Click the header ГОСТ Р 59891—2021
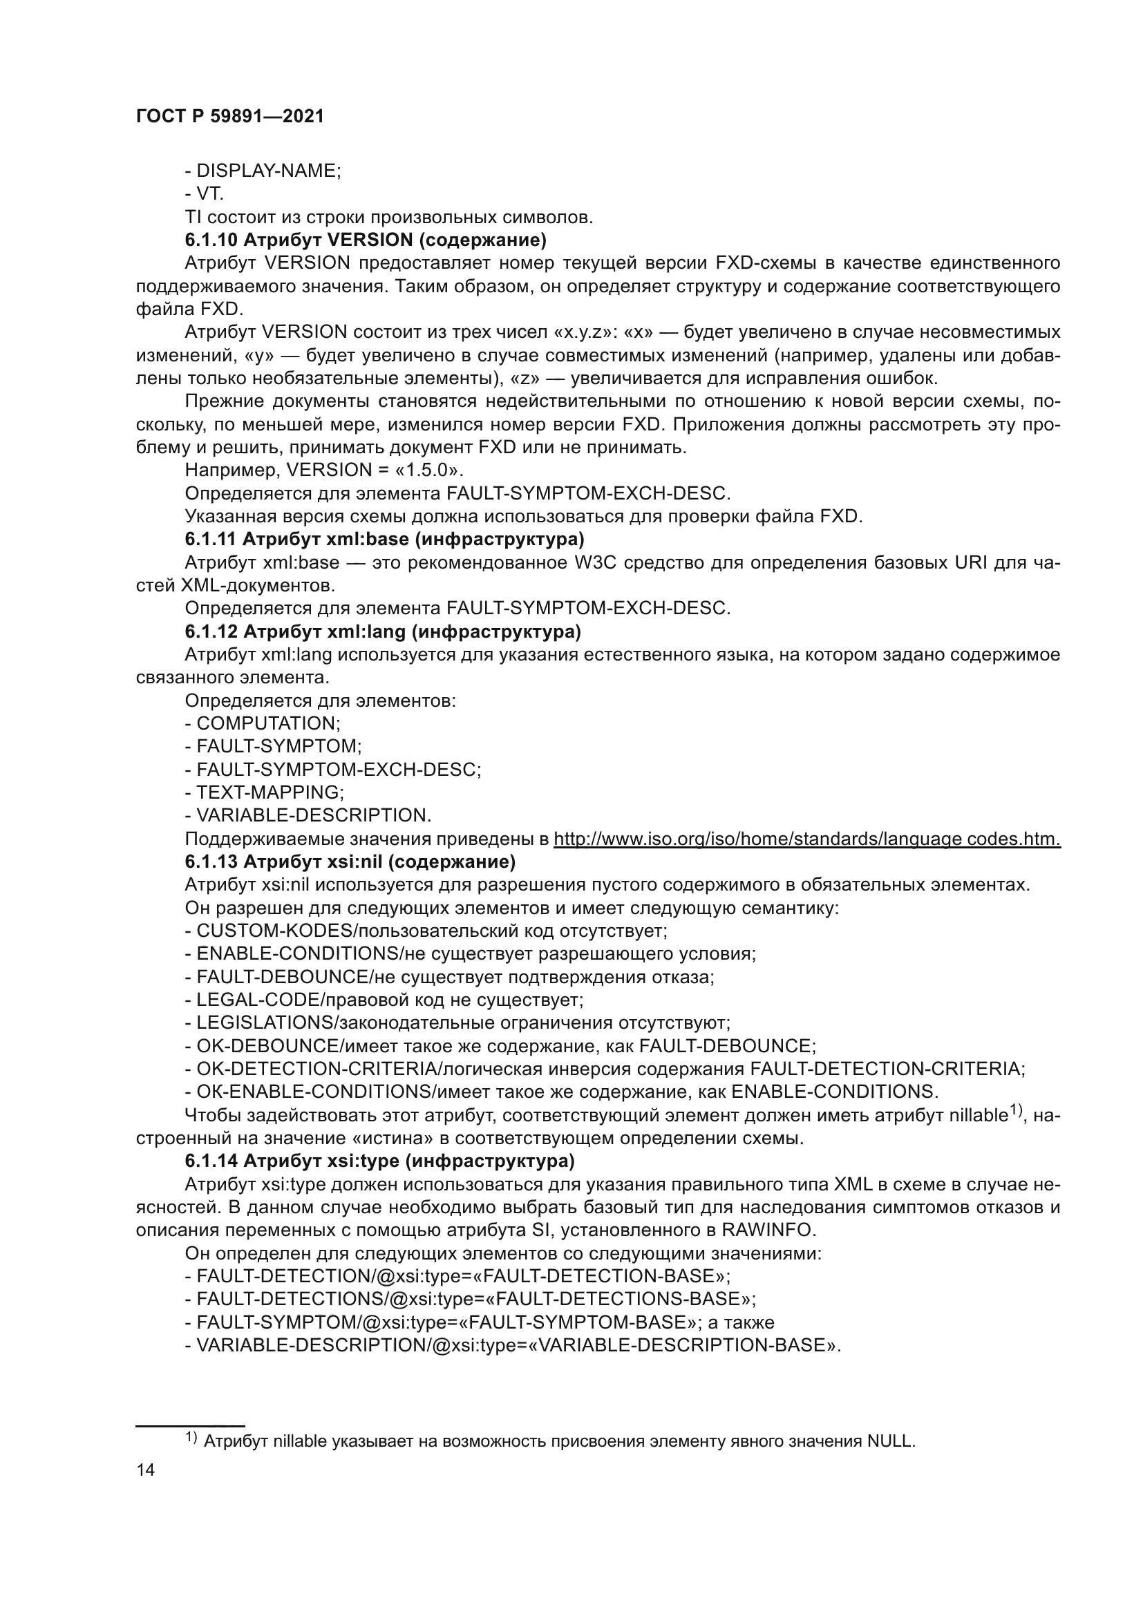(x=229, y=117)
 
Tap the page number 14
(x=146, y=1470)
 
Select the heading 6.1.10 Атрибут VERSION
(x=366, y=240)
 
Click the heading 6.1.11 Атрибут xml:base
(x=384, y=540)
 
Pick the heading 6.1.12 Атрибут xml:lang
(x=383, y=632)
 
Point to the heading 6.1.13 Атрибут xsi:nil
(x=350, y=862)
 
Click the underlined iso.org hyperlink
(x=806, y=839)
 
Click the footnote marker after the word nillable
(x=1016, y=1110)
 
